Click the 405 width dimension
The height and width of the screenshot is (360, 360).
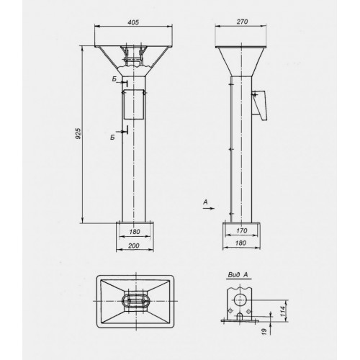tap(133, 22)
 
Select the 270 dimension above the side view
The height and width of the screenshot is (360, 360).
tap(242, 22)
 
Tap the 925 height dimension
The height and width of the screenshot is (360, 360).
tap(78, 134)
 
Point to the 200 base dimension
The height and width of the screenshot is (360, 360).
tap(134, 246)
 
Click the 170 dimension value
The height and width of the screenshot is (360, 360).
tap(242, 230)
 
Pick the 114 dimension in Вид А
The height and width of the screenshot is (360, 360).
tap(283, 311)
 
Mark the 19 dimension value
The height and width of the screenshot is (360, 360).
tap(264, 331)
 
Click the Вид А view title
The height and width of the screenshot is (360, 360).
tap(238, 275)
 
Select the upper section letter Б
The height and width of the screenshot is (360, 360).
tap(114, 78)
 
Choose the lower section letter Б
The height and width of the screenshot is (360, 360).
tap(112, 138)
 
